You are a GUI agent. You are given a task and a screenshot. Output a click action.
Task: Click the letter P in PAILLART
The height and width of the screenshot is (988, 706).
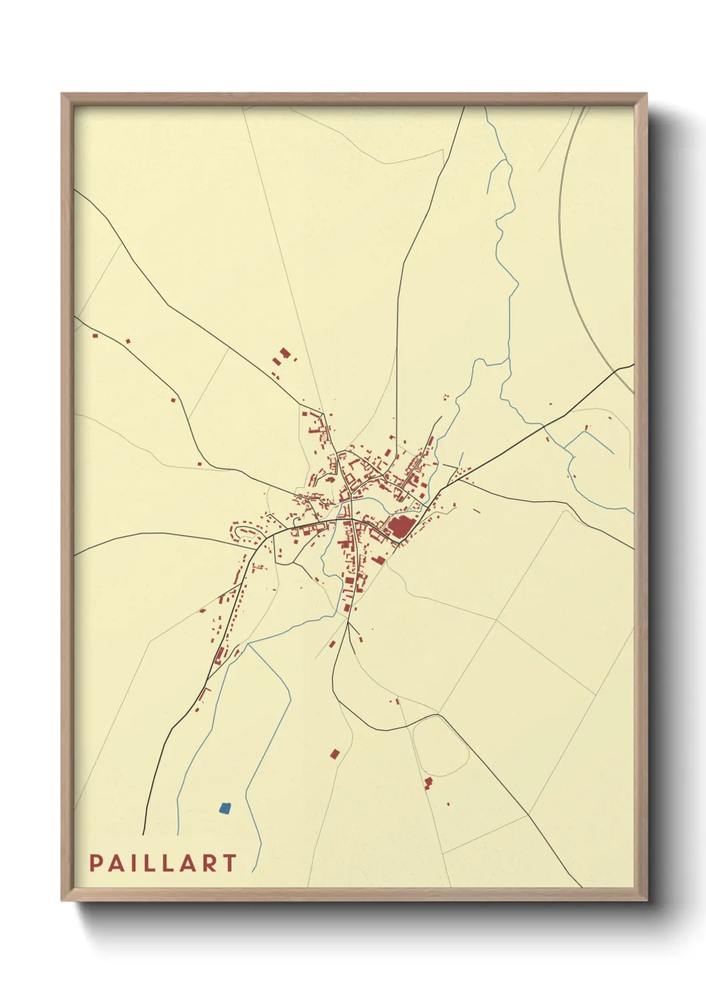click(95, 863)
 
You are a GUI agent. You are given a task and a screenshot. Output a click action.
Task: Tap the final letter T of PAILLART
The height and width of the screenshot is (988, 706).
click(230, 863)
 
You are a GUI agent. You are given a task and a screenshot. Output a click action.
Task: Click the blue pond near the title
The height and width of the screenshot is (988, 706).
click(225, 808)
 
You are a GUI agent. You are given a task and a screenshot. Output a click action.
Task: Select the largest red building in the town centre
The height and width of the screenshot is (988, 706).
click(400, 527)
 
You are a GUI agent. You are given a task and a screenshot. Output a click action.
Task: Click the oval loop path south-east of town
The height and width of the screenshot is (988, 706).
click(440, 745)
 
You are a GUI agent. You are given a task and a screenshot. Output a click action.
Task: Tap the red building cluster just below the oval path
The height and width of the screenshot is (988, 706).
click(428, 782)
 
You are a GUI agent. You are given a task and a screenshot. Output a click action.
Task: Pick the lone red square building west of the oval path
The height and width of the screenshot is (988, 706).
click(334, 754)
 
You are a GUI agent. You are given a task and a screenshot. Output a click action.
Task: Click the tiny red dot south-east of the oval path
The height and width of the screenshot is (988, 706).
click(448, 804)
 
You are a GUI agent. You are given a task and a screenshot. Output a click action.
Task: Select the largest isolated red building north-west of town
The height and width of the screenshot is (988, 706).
click(285, 353)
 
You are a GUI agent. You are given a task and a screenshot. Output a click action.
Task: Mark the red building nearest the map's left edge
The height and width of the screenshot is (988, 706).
click(94, 336)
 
